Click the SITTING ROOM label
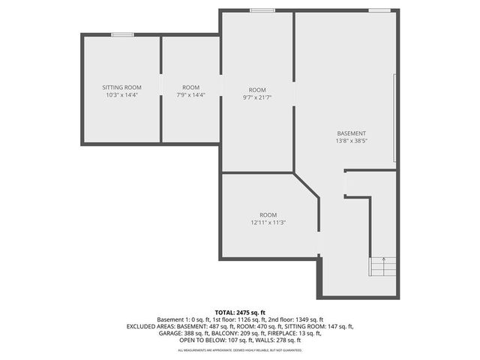tap(121, 88)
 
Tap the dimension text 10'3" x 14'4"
tap(121, 95)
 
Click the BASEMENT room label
tap(351, 133)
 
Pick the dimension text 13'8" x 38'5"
tap(351, 141)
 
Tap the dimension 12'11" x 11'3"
tap(268, 222)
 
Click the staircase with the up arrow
tap(382, 267)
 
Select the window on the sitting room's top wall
tap(122, 34)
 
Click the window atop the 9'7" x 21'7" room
tap(262, 10)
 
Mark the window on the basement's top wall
tap(379, 10)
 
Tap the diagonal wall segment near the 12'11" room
tap(307, 186)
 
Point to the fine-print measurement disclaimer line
tap(239, 349)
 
